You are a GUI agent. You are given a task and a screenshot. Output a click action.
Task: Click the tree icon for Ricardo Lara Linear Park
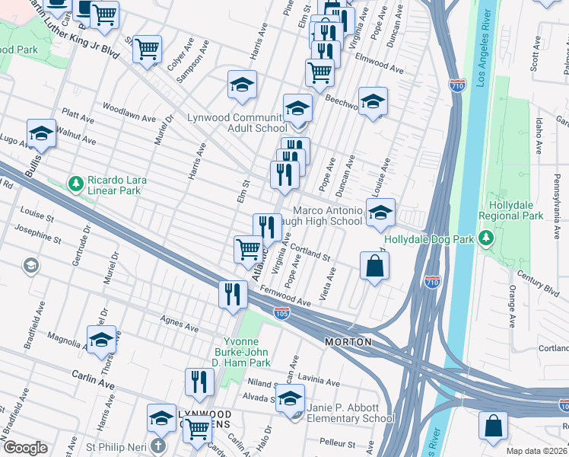point(75,184)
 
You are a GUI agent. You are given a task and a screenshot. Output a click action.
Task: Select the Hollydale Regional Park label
point(510,210)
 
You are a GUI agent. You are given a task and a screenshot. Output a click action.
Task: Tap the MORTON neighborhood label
point(348,342)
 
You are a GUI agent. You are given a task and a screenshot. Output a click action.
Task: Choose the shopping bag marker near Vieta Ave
point(374,267)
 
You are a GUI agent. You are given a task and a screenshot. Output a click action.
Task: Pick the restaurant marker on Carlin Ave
point(199,382)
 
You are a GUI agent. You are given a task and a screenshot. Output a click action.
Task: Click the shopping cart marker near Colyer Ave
point(148,50)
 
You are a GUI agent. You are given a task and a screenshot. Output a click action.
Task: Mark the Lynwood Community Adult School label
point(237,123)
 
